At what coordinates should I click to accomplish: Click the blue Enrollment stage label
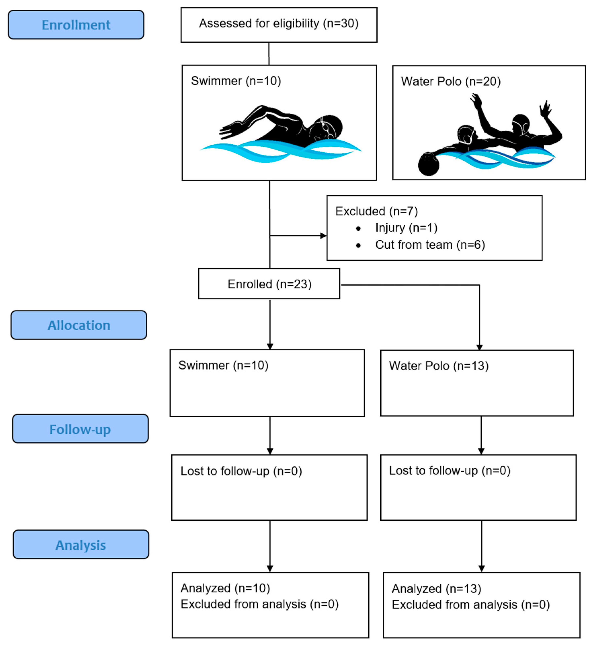click(x=76, y=25)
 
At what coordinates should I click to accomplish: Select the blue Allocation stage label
click(x=79, y=325)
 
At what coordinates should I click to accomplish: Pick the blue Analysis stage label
click(x=81, y=545)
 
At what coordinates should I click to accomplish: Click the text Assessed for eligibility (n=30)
click(x=279, y=23)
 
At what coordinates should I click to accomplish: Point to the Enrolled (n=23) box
click(x=269, y=284)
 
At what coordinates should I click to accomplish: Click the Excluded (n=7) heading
click(x=376, y=211)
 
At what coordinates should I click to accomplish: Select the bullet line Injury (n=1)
click(x=406, y=228)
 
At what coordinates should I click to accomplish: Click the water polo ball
click(x=428, y=164)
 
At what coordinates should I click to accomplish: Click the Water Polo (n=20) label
click(x=450, y=81)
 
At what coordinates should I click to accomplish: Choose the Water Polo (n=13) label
click(x=438, y=366)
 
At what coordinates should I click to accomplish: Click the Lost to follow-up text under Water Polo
click(x=449, y=470)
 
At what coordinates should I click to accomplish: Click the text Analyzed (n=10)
click(x=225, y=588)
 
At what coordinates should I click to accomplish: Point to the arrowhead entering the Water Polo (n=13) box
click(x=479, y=347)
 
